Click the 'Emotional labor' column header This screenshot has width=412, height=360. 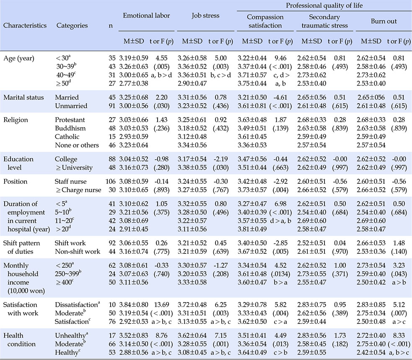coord(146,16)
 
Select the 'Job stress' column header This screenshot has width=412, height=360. coord(205,16)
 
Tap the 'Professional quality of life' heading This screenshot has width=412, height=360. coord(324,5)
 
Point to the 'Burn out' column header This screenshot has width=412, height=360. coord(383,21)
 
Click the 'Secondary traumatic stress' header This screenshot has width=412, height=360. coord(324,21)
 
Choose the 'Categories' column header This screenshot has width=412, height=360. coord(72,26)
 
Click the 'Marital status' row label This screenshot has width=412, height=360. coord(23,97)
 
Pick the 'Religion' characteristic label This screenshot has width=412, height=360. coord(16,120)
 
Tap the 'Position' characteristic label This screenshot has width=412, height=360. coord(15,181)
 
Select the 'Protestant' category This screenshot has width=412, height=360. coord(70,120)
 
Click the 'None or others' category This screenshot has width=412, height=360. coord(77,145)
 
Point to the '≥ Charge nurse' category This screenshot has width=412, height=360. coord(78,190)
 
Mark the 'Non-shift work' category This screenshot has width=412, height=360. coord(78,252)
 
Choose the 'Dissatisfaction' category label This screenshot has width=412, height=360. coord(77,305)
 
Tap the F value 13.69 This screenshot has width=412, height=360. coord(162,305)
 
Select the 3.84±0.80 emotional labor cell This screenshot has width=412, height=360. coord(133,305)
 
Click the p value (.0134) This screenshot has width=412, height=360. coord(280,274)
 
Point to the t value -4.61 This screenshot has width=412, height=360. coord(280,97)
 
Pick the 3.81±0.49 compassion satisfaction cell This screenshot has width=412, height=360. coord(252,229)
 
